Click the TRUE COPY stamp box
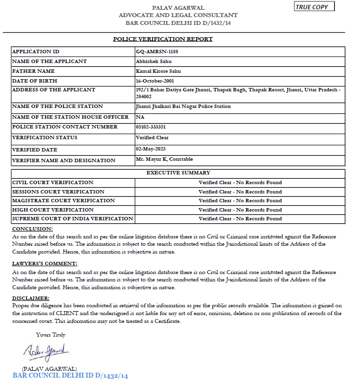click(x=315, y=7)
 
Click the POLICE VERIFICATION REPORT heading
click(x=163, y=39)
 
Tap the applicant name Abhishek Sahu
click(x=153, y=62)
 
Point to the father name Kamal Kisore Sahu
click(x=158, y=71)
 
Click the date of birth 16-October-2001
click(x=155, y=81)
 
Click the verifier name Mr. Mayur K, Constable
click(x=164, y=159)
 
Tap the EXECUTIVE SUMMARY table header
click(x=178, y=173)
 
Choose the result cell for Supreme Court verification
click(x=240, y=219)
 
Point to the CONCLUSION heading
click(x=32, y=229)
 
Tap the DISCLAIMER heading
click(x=31, y=298)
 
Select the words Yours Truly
click(x=50, y=335)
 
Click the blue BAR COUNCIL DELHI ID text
click(x=70, y=376)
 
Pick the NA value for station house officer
click(x=139, y=117)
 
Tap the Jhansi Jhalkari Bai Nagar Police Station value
click(x=183, y=106)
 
